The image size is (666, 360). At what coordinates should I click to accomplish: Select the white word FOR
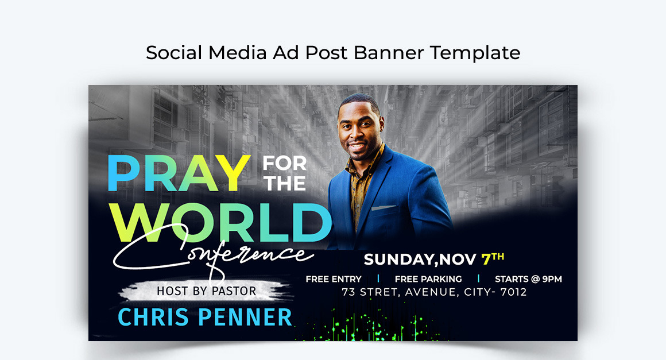285,164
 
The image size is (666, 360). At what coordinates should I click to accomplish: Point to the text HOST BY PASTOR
206,291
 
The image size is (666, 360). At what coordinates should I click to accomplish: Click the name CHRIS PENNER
204,317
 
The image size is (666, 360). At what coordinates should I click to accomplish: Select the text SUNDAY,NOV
420,260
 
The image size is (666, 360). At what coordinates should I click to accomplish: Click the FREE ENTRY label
334,279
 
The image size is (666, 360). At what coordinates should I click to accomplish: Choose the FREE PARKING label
428,279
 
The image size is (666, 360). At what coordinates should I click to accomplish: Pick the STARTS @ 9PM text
528,279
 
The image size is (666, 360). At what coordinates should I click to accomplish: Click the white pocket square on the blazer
384,207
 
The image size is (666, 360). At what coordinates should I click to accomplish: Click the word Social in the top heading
175,53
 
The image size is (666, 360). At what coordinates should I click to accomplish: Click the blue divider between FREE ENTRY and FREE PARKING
378,279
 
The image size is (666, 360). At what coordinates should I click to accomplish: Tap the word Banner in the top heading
389,53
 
